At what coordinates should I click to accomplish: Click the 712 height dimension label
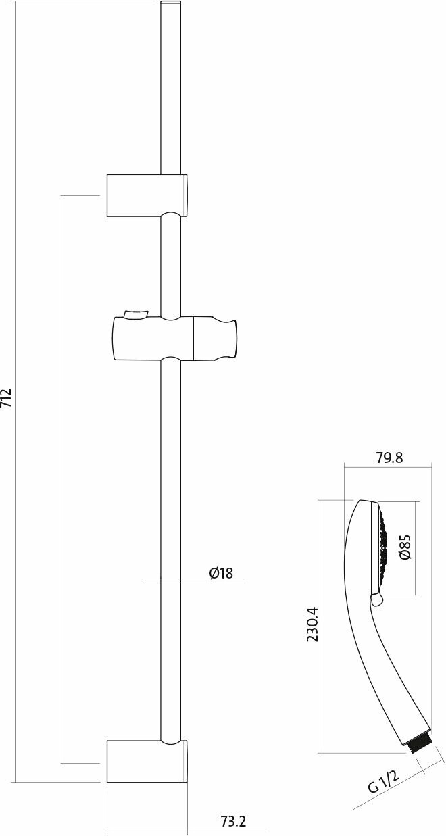coord(7,399)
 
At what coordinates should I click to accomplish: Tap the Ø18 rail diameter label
coord(221,573)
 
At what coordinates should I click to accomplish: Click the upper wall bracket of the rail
coord(147,195)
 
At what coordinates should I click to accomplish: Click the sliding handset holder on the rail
coord(174,339)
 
